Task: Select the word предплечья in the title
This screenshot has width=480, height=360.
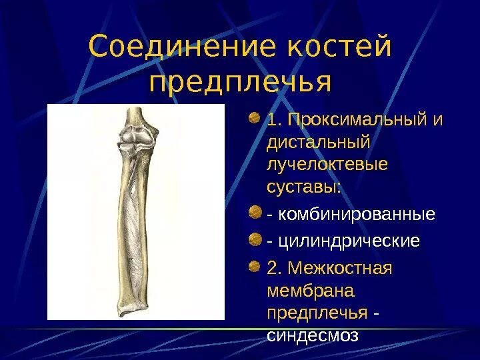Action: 241,83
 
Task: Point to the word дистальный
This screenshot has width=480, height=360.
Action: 318,143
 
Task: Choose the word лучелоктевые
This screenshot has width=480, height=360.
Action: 326,165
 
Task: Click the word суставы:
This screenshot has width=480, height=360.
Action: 303,187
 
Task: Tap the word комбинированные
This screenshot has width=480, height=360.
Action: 357,215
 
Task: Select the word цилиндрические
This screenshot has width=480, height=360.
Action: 349,241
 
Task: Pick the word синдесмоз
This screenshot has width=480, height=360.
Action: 313,335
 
